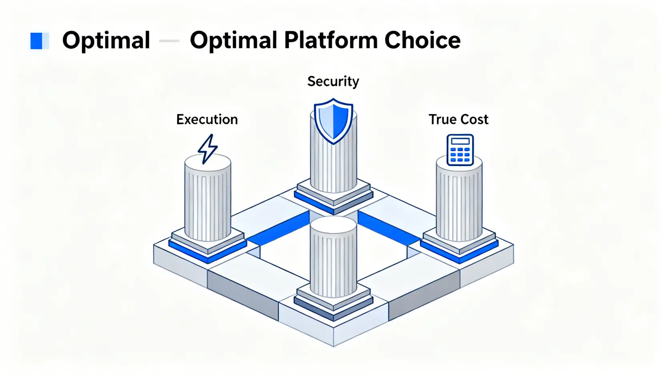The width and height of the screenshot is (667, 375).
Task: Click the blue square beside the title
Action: click(x=37, y=41)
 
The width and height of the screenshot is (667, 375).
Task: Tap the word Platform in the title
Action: click(x=331, y=40)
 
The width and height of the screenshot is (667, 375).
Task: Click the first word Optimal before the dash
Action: click(x=106, y=40)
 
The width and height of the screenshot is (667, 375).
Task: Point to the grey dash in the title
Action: click(x=169, y=41)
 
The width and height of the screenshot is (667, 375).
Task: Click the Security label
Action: click(x=333, y=82)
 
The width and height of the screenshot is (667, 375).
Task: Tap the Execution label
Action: click(x=207, y=119)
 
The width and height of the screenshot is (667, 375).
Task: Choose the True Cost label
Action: click(x=458, y=119)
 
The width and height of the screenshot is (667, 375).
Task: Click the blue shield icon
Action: click(x=333, y=120)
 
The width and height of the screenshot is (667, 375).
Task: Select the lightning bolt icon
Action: click(x=207, y=149)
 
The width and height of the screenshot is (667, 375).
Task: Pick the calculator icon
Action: click(x=460, y=150)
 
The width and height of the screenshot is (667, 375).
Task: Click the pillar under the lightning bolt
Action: click(x=207, y=200)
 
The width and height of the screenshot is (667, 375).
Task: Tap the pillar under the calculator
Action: click(x=459, y=202)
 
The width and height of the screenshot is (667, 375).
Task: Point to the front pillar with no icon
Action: click(x=333, y=260)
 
